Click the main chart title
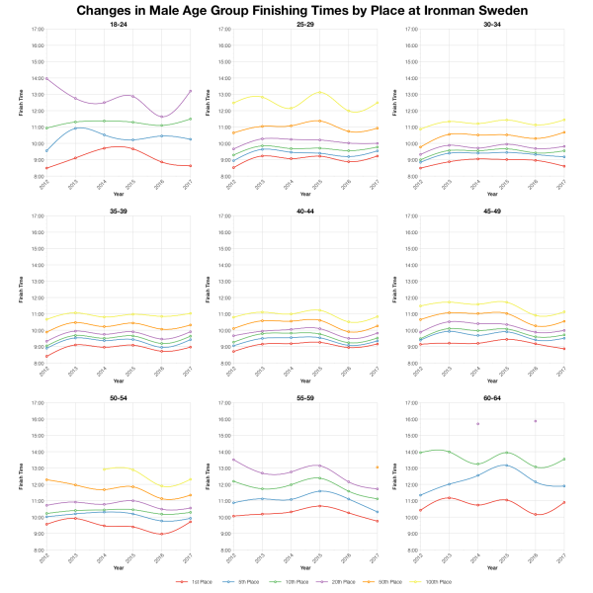click(x=296, y=10)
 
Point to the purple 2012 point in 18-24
click(x=45, y=78)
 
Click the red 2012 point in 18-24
click(x=45, y=168)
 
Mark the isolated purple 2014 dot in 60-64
click(x=477, y=424)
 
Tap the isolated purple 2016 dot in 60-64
click(x=535, y=421)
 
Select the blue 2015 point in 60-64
click(x=506, y=465)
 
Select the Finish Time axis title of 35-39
click(x=19, y=291)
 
